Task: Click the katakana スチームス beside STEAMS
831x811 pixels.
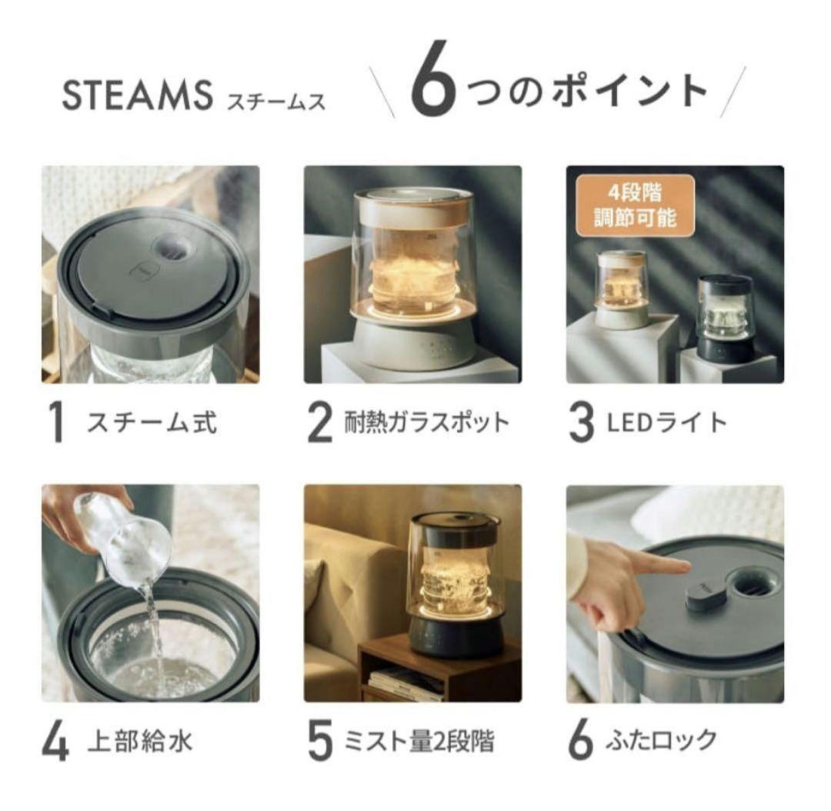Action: [275, 100]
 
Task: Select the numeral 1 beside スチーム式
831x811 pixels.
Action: [56, 423]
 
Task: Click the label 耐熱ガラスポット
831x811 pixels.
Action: [427, 422]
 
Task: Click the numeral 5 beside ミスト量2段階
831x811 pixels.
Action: [319, 743]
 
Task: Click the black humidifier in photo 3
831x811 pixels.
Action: [725, 318]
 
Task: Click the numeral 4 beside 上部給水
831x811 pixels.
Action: [57, 743]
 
